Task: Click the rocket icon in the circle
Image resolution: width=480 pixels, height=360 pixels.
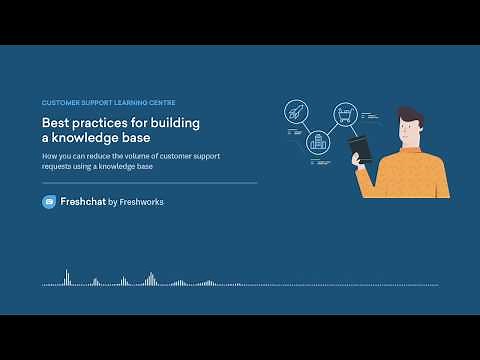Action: click(296, 113)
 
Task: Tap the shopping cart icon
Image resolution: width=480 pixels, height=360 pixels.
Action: click(345, 113)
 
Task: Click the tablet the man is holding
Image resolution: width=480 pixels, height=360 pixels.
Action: click(360, 149)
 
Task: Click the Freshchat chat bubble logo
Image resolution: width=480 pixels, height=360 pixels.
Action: click(49, 202)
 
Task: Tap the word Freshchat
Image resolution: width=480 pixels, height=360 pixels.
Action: click(81, 202)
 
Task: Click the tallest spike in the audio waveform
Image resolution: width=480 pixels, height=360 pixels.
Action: click(67, 276)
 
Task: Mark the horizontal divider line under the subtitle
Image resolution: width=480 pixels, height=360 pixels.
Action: click(150, 183)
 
